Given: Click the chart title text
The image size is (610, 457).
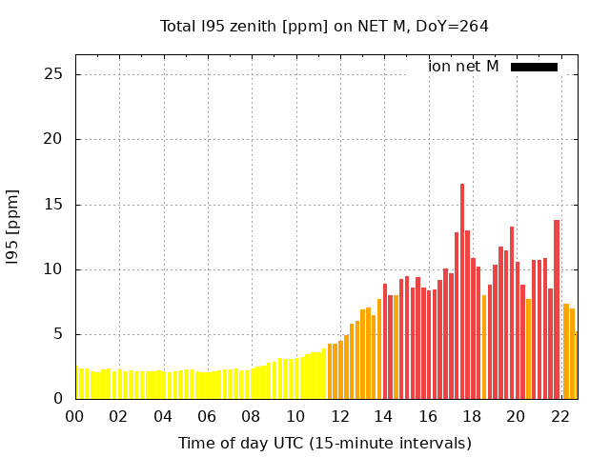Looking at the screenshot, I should [324, 27].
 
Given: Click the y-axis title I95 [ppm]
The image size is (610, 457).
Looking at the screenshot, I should [13, 235].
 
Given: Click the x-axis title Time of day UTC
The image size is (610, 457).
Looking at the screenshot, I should [324, 443].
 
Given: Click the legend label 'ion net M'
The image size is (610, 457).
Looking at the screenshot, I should [463, 67].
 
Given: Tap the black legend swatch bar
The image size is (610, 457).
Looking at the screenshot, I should [534, 67].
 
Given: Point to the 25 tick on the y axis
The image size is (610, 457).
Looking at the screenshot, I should [56, 74].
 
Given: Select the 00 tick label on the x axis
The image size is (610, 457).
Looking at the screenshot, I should [75, 416].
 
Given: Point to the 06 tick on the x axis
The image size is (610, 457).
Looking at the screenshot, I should [207, 416].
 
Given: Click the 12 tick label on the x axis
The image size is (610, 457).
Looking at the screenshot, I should [339, 416].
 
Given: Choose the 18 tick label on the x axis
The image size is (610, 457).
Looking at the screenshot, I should [471, 416].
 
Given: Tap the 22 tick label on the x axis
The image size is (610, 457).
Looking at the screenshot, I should [559, 416].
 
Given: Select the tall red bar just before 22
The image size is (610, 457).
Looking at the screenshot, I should [557, 309].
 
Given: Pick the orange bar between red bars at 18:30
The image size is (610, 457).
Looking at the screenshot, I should [484, 348].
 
